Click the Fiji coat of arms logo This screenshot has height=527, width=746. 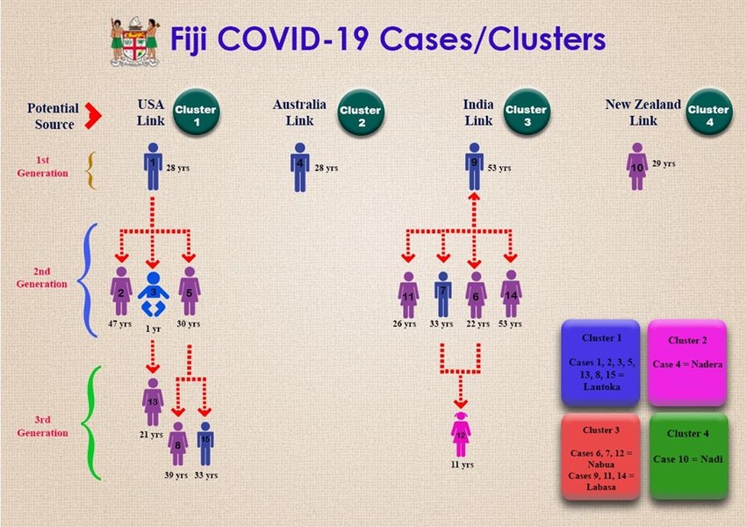(134, 41)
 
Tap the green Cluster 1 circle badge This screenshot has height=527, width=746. (196, 112)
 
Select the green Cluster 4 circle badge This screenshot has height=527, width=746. (709, 112)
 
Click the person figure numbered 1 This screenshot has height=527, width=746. (153, 167)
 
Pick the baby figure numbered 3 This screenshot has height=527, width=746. (154, 294)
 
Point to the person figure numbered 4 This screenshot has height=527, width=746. (300, 167)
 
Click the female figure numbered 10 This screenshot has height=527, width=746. (637, 167)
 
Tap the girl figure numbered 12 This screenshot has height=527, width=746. (461, 435)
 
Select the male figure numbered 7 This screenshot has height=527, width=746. (443, 295)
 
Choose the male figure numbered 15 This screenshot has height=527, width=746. (205, 444)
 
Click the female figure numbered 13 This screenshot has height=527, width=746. (153, 402)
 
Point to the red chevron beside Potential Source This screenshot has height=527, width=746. (93, 115)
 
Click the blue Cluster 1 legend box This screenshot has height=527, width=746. (601, 364)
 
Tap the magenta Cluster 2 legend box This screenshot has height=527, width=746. (687, 364)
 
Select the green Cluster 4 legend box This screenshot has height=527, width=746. (688, 457)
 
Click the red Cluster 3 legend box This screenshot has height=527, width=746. (600, 457)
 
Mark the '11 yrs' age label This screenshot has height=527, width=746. (462, 465)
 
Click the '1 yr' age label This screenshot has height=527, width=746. (154, 328)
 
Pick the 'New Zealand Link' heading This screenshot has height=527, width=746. (642, 112)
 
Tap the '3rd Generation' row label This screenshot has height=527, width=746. (42, 426)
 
